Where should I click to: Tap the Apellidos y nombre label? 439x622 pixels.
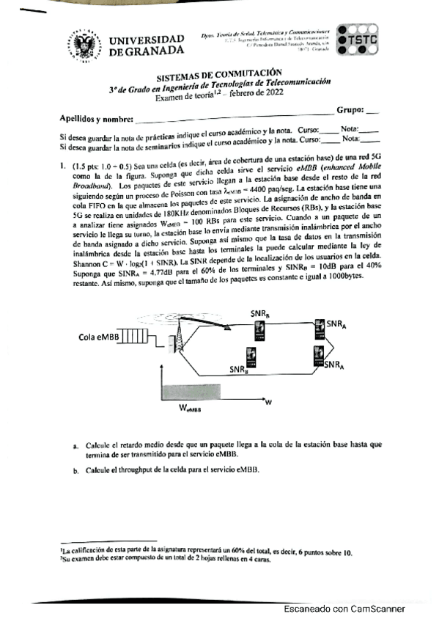point(96,119)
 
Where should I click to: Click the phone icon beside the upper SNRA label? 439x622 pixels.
point(319,326)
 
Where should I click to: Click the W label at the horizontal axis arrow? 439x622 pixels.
point(268,403)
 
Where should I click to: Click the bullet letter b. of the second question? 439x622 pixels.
point(75,470)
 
